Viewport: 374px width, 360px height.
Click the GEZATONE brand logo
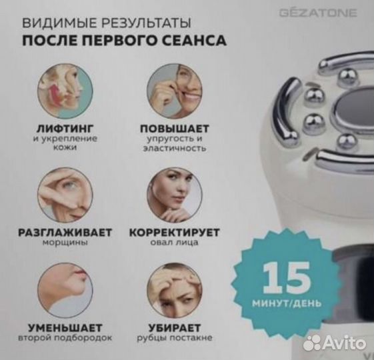click(x=327, y=13)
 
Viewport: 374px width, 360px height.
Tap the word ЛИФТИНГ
click(x=64, y=127)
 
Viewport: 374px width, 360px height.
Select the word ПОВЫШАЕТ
click(x=175, y=127)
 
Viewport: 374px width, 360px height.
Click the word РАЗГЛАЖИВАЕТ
click(x=64, y=232)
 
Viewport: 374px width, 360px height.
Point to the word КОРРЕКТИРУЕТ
click(x=175, y=232)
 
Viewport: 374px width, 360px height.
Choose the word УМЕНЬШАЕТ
click(x=64, y=327)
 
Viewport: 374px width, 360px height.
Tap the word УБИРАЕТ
click(x=175, y=327)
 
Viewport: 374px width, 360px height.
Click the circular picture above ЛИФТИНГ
click(x=65, y=91)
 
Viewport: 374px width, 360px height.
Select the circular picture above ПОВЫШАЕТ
click(x=174, y=91)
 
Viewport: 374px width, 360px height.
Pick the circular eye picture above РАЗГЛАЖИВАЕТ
click(x=65, y=195)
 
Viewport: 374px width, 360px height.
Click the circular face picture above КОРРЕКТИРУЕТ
click(x=174, y=195)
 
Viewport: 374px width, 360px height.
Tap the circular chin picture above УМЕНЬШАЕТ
click(x=65, y=291)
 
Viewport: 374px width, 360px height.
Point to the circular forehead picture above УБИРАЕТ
click(x=174, y=291)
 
